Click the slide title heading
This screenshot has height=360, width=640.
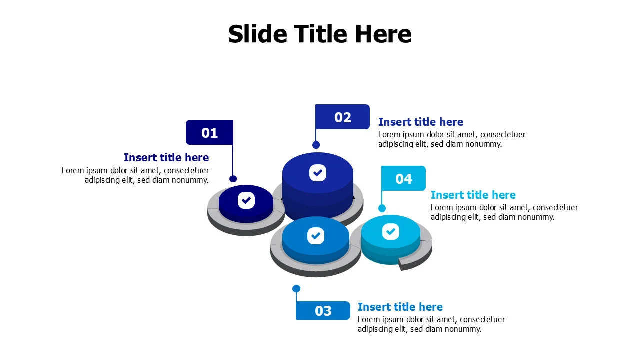(320, 34)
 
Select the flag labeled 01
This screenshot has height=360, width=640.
(209, 132)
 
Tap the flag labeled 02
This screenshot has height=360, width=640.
(342, 117)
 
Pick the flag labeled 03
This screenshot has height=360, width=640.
(323, 311)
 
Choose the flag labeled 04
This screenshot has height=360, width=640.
(403, 178)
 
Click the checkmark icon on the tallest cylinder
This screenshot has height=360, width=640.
(318, 173)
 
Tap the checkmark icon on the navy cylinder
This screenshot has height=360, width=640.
(246, 200)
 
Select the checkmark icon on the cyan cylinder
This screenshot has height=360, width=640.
(391, 231)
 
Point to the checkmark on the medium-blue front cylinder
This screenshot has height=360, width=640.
(316, 236)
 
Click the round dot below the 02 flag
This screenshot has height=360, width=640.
(316, 145)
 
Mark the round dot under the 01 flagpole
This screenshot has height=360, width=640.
(233, 179)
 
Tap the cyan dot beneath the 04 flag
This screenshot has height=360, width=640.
(382, 208)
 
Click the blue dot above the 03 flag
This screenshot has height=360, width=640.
(296, 289)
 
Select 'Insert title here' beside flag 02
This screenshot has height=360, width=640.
(421, 122)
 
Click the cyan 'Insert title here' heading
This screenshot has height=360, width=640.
(473, 195)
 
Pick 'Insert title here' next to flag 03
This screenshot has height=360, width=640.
(400, 307)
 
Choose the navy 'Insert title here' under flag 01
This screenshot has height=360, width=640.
(166, 157)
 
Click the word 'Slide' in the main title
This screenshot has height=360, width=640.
(257, 34)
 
